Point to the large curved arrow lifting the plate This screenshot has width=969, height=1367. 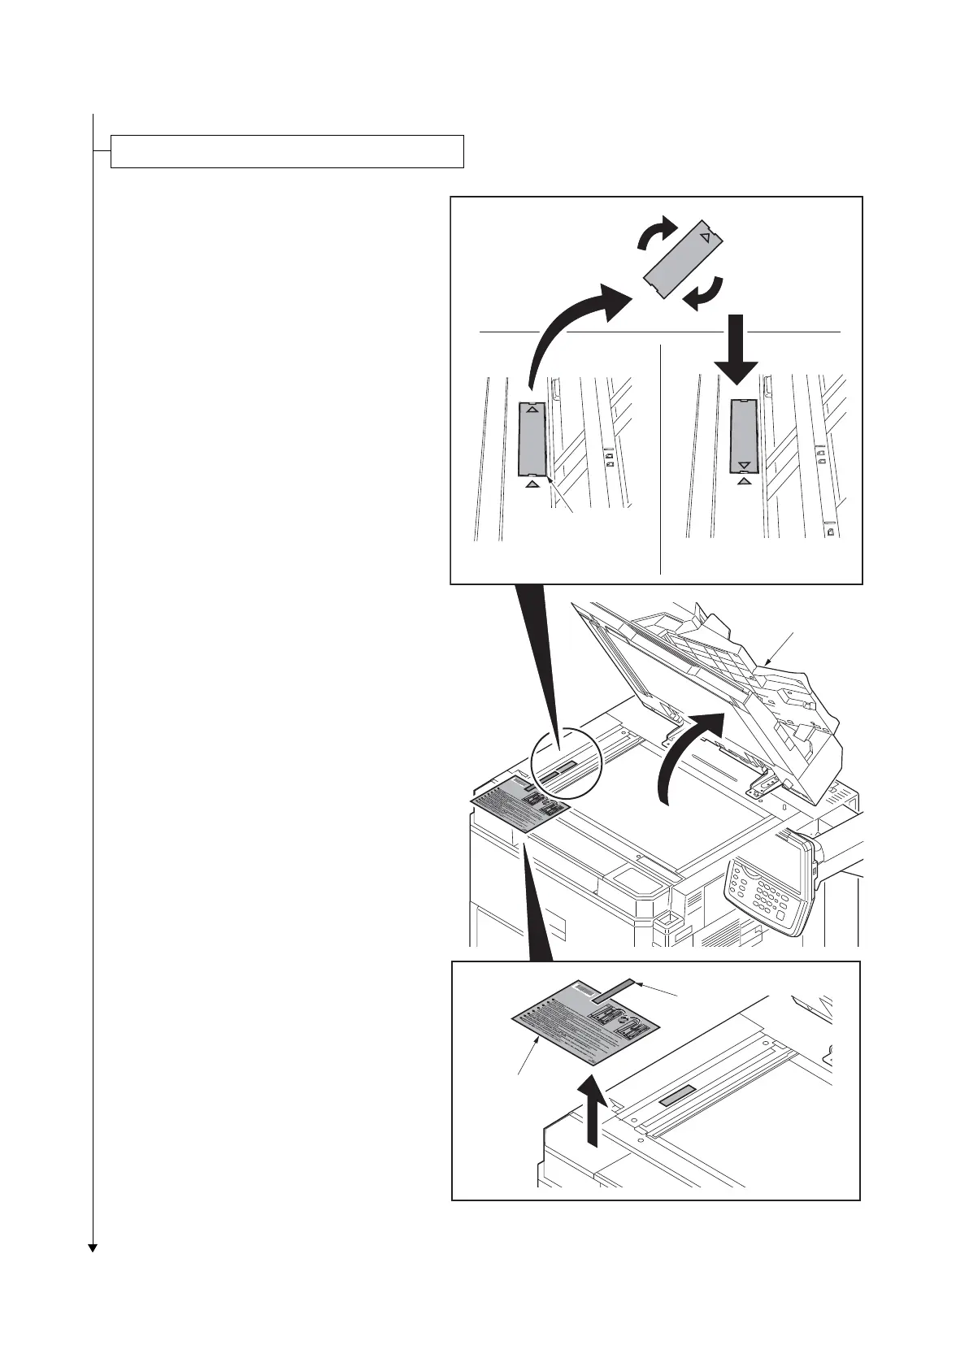coord(569,321)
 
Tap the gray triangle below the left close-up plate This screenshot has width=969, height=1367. coord(532,484)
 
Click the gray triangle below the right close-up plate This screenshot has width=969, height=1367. coord(743,481)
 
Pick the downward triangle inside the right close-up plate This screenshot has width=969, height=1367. coord(743,465)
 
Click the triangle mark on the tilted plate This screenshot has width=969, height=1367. coord(706,237)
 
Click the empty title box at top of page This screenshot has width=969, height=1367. coord(287,151)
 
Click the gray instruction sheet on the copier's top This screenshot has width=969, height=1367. coord(523,803)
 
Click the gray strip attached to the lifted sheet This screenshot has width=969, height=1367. coord(615,991)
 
